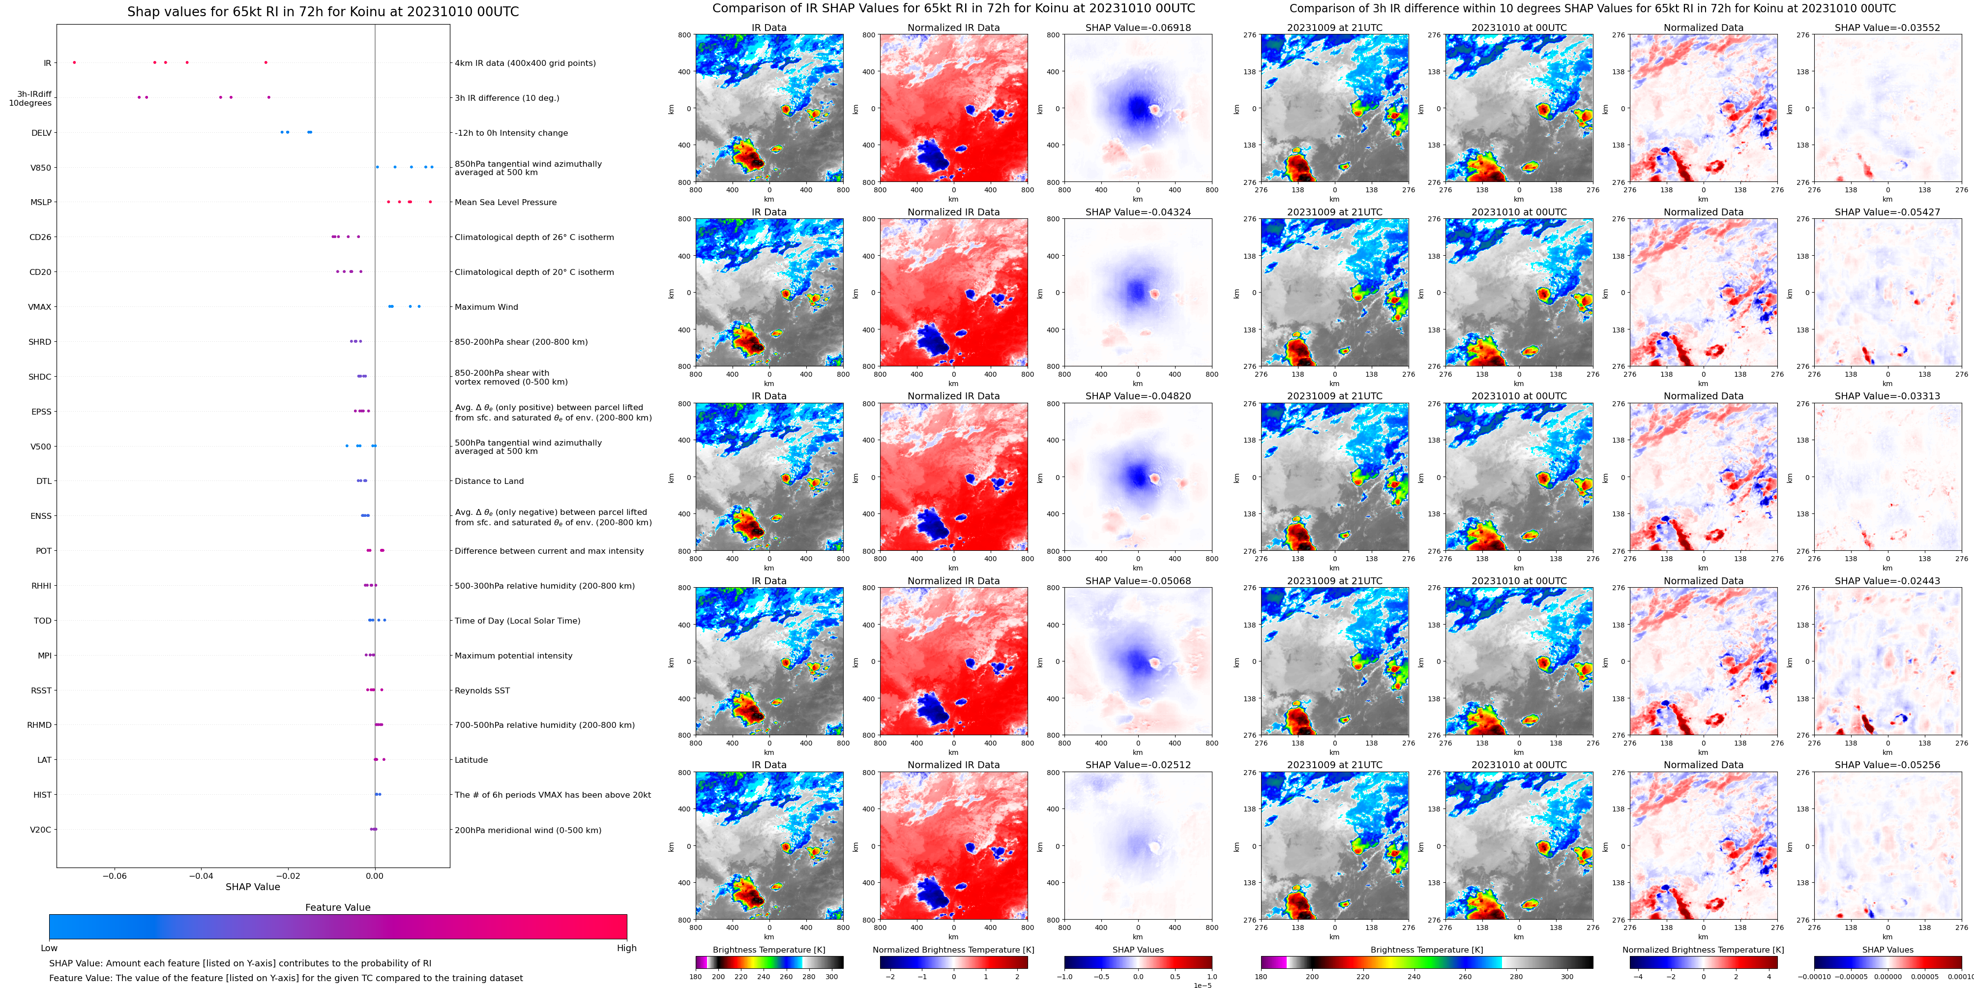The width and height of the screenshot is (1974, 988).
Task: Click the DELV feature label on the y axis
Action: point(41,133)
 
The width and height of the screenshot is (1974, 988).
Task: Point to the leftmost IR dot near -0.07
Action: point(74,62)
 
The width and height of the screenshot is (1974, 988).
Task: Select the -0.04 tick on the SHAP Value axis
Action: point(202,875)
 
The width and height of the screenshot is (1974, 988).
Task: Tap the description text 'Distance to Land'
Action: point(489,481)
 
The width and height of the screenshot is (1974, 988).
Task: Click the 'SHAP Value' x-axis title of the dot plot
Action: point(253,887)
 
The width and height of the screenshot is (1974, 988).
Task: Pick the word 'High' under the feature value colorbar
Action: point(627,948)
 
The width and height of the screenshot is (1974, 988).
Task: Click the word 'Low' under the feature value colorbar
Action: point(49,948)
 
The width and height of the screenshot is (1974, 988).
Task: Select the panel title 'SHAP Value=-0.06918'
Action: point(1138,28)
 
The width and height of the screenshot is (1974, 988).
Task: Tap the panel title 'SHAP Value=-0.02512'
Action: point(1138,765)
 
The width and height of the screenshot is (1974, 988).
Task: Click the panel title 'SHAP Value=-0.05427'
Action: point(1887,212)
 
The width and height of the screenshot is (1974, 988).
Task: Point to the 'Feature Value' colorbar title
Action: point(338,907)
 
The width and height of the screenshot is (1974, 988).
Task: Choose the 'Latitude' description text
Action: point(471,760)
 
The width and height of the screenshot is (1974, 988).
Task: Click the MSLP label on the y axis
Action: point(41,202)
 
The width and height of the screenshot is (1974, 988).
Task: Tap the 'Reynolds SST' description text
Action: point(482,690)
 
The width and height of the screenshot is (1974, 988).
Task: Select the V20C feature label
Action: point(41,830)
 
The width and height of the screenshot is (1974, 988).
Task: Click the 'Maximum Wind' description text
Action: point(487,307)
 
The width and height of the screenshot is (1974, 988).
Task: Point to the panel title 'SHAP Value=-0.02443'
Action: point(1887,581)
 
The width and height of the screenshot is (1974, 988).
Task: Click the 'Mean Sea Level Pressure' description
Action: point(506,202)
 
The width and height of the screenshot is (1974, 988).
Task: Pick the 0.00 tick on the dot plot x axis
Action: point(375,875)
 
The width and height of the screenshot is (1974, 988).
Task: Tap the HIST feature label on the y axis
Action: point(42,795)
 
